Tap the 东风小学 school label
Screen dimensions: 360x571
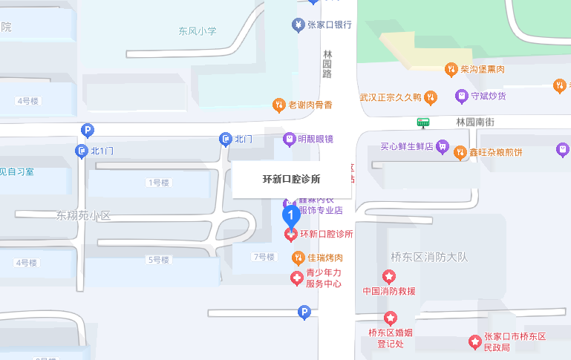[x=197, y=31]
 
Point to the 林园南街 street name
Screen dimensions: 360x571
[x=475, y=121]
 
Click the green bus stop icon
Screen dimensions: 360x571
[x=423, y=122]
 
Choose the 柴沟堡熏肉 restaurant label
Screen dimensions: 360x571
[x=482, y=70]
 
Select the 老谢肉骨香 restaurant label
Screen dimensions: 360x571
[x=310, y=105]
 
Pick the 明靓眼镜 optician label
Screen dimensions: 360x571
[x=315, y=139]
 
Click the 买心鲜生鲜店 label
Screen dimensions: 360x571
[x=406, y=146]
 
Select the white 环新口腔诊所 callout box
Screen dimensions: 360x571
[x=292, y=179]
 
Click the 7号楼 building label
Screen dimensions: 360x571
[x=264, y=257]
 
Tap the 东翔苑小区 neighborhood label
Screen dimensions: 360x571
[x=83, y=215]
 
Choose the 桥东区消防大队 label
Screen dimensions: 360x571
[x=430, y=258]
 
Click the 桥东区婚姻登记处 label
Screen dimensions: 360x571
[x=390, y=338]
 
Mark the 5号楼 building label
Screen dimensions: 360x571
[x=159, y=260]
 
